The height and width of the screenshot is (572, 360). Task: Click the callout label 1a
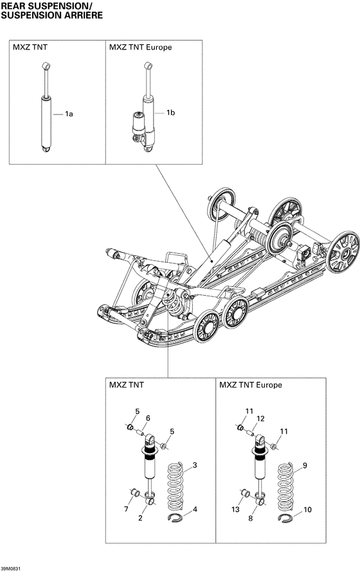[69, 114]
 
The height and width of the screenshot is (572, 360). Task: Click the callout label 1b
[170, 113]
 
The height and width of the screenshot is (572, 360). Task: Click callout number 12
[260, 418]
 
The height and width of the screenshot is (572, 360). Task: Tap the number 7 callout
[127, 509]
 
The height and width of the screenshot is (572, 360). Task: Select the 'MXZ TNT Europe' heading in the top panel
[140, 48]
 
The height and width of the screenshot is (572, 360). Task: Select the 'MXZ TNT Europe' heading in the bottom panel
[251, 385]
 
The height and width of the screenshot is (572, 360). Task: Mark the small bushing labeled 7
[134, 493]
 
